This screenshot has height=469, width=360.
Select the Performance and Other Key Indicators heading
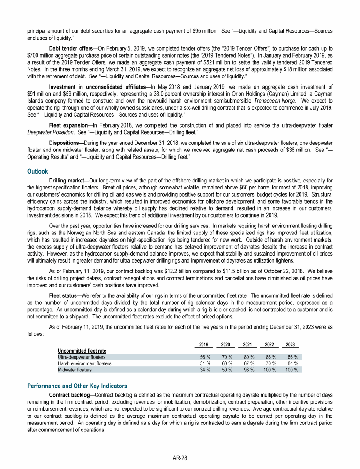77,386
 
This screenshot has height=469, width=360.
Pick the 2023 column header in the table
290,345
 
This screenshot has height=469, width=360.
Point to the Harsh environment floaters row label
84,363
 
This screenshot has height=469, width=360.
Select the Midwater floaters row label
75,369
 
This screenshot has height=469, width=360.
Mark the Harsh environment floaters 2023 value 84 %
292,363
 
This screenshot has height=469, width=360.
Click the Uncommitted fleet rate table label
82,351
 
